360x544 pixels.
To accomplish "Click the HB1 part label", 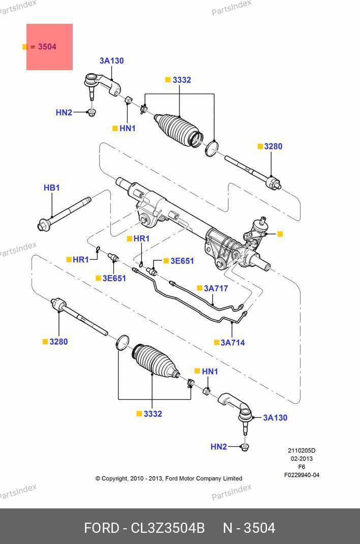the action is tap(52, 188).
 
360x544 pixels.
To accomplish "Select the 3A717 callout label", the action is tap(216, 288).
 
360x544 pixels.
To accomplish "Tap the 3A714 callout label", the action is tap(233, 343).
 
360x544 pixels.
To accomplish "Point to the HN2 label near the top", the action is tap(64, 112).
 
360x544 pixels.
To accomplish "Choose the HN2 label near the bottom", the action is tap(219, 446).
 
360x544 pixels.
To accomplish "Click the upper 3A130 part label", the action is tap(112, 61).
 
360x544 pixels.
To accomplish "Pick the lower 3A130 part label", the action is tap(275, 418).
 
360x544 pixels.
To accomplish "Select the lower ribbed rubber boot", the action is tap(156, 361).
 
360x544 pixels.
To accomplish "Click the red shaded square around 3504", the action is tap(50, 47).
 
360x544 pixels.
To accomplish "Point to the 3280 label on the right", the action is tap(273, 146).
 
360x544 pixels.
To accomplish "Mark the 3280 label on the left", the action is tap(58, 342).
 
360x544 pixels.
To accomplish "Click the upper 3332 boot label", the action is tap(182, 80).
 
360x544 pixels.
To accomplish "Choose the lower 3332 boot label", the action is tap(153, 414).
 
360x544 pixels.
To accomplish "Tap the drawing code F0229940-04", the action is tap(302, 475).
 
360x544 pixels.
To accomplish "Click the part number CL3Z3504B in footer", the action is tap(167, 528).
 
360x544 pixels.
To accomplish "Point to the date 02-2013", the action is tap(302, 459).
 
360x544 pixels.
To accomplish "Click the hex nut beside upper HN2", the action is tap(92, 112).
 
